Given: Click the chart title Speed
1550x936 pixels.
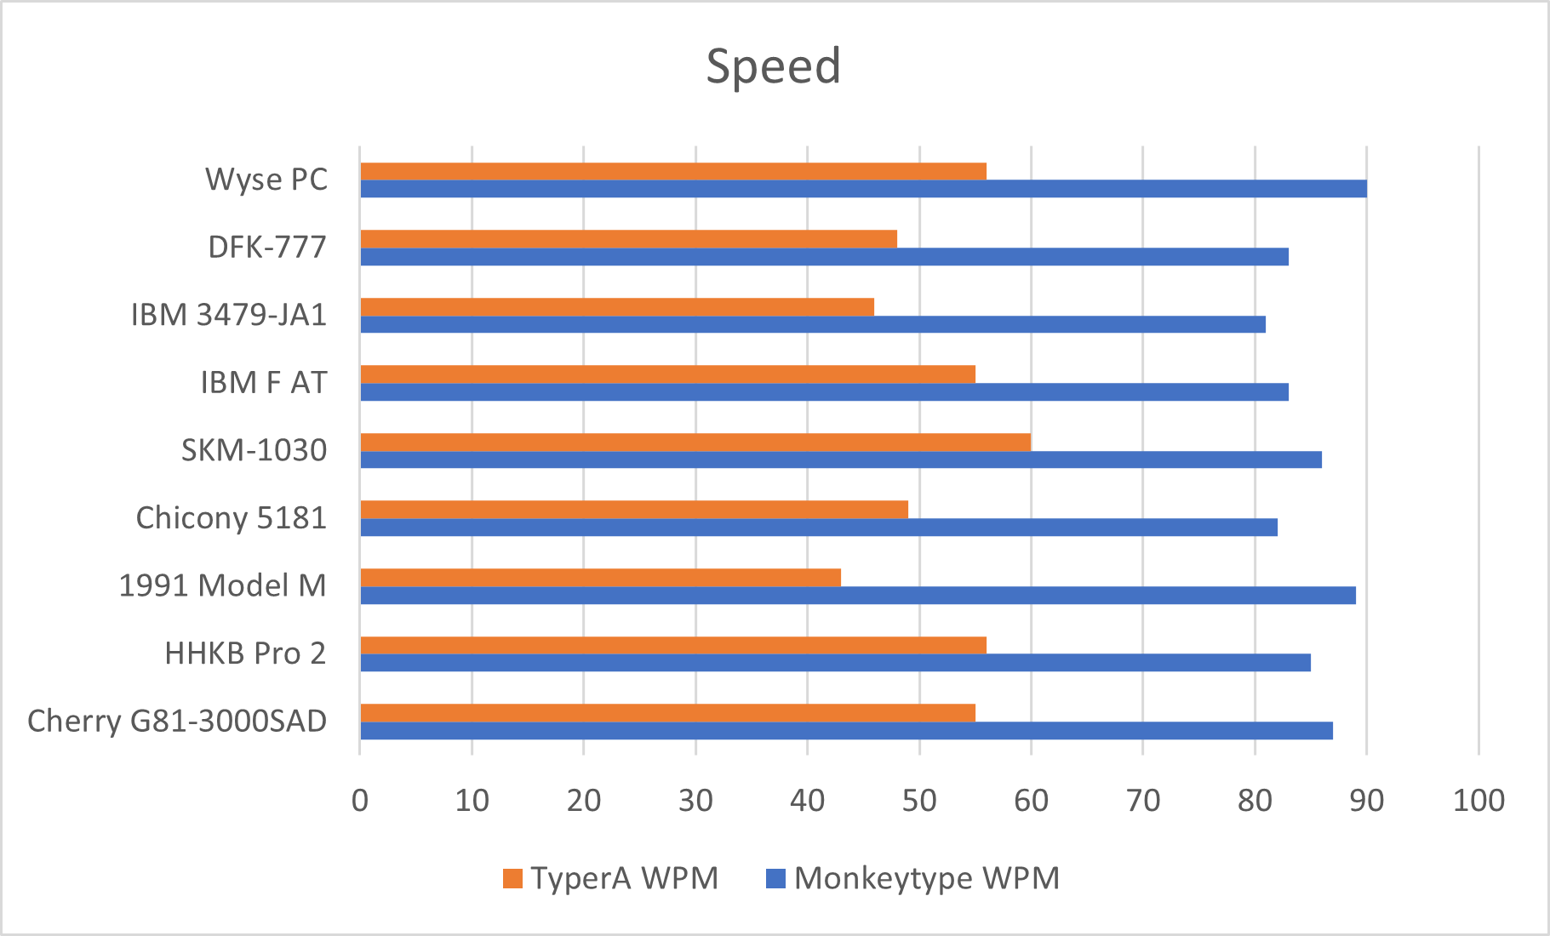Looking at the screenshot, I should [774, 66].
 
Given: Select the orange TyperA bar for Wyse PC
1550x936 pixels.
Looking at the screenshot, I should [672, 171].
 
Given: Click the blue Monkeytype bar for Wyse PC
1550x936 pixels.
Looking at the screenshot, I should [863, 189].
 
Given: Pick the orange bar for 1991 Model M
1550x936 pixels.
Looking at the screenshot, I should [600, 577].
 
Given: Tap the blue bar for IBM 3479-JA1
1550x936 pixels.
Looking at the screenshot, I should [813, 324].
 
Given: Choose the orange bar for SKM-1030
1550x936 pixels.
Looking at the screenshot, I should [695, 442].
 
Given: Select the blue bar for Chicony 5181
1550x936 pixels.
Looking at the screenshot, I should [819, 528].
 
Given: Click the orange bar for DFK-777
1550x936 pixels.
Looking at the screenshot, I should [628, 238].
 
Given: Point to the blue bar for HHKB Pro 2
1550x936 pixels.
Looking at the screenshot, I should [835, 663].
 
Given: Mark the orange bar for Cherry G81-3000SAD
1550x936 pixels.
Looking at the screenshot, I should [667, 712].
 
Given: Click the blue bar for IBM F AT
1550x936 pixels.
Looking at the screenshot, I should [824, 392].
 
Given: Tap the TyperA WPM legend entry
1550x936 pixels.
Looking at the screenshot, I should [611, 878].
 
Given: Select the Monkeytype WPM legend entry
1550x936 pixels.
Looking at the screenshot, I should [913, 878].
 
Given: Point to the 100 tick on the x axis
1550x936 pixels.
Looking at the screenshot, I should [1479, 800].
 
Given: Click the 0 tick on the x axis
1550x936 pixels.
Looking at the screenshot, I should [360, 800].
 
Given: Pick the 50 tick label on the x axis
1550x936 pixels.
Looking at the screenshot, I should [919, 800].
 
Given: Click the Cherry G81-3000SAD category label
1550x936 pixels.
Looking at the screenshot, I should [177, 722].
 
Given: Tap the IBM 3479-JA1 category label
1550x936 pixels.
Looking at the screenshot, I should [229, 315].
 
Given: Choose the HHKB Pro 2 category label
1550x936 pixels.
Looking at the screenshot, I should [245, 653].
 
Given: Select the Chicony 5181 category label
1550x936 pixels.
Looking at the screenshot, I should [231, 518].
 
